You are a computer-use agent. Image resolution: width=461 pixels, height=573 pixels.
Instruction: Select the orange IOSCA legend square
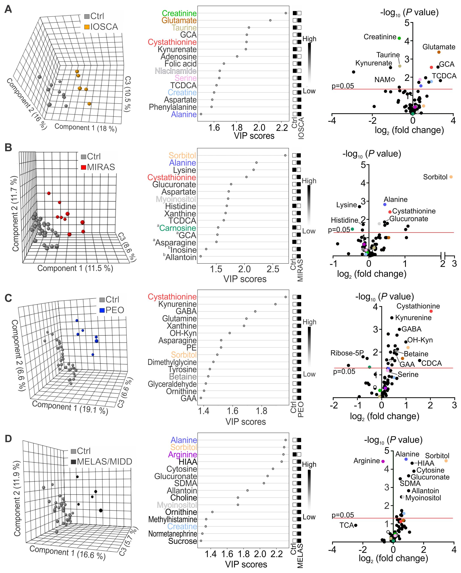tap(87, 27)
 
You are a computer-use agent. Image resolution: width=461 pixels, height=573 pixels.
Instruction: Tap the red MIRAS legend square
tap(83, 167)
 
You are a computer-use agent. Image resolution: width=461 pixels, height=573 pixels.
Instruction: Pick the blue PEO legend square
tap(102, 310)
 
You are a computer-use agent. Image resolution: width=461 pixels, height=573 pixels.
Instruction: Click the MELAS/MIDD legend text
tap(104, 461)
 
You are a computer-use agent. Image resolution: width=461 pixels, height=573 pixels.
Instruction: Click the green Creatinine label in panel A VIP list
tap(179, 13)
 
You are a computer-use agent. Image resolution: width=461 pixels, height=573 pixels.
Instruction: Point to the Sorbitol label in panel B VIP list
tap(182, 156)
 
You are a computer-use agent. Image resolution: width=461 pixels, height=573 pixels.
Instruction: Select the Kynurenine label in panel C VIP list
tap(177, 304)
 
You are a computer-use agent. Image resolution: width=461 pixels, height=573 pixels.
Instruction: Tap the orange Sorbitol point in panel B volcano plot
tap(451, 177)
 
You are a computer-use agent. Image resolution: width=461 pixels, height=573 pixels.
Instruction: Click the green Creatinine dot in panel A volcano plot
tap(399, 38)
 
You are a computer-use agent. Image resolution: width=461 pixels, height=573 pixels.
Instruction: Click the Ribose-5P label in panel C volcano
tap(347, 353)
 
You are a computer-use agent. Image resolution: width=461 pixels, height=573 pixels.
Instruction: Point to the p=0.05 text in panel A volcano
tap(343, 86)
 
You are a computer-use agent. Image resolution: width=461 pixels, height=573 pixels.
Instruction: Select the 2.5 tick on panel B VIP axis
tap(273, 269)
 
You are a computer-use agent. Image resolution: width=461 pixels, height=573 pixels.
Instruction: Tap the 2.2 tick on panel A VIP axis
tap(282, 128)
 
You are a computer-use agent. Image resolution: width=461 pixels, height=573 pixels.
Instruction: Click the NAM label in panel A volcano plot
tap(382, 79)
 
